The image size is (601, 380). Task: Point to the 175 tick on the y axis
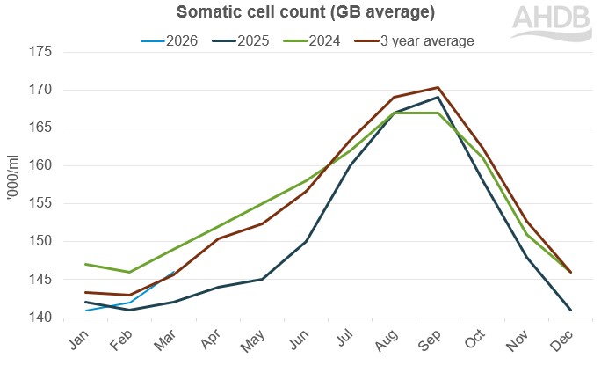(40, 52)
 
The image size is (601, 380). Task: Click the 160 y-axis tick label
(40, 165)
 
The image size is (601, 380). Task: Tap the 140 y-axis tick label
(40, 318)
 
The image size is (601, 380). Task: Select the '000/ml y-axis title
(11, 185)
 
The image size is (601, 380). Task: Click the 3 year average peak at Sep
(438, 88)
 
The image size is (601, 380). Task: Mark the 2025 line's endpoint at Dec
(569, 310)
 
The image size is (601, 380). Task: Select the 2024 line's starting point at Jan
(86, 264)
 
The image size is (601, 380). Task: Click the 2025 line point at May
(262, 280)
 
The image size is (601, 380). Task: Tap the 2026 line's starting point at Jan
(86, 311)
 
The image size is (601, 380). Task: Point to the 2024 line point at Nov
(525, 234)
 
